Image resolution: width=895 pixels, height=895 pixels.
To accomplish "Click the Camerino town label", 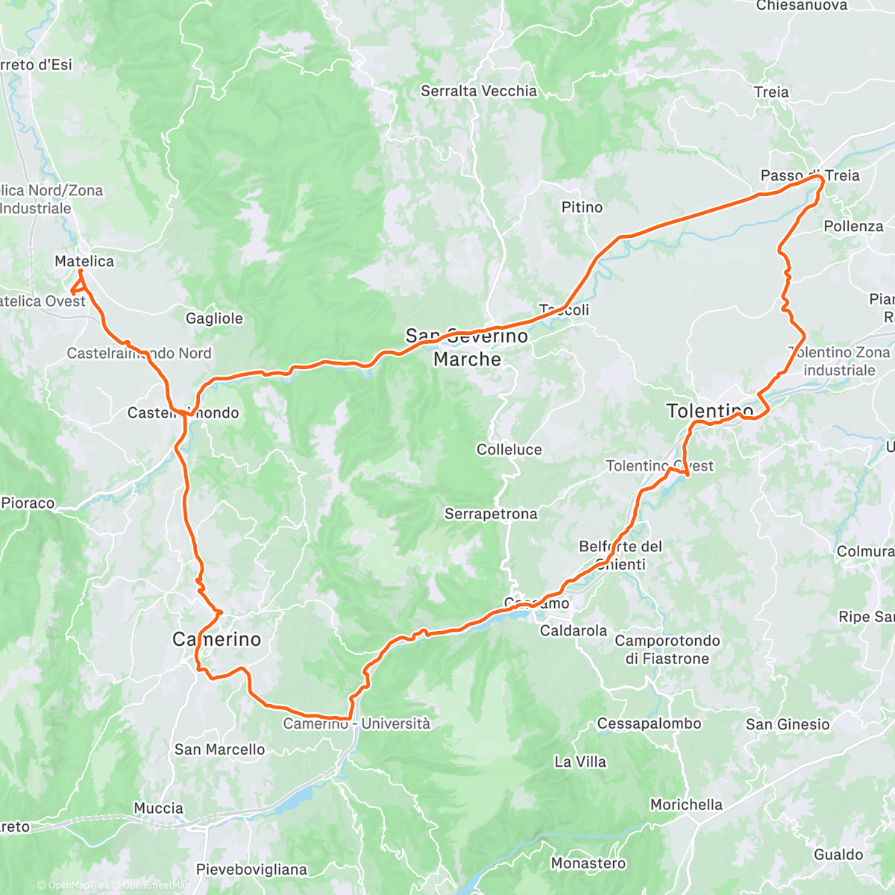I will click(216, 639).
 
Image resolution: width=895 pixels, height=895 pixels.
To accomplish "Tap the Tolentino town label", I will click(709, 411).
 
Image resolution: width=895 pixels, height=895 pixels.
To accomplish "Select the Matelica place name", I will click(84, 261).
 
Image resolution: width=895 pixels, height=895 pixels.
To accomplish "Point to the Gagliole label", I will click(214, 318).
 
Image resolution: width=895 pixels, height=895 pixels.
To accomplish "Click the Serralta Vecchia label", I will click(479, 91).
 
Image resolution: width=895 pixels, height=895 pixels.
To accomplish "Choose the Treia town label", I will click(771, 92).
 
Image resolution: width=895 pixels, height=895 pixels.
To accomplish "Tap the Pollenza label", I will click(853, 226).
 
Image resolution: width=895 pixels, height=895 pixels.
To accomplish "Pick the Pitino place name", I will click(582, 207).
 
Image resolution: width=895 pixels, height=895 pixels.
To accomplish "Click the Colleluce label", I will click(509, 450).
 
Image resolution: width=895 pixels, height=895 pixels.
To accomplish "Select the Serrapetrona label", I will click(491, 514).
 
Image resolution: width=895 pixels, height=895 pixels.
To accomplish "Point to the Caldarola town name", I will click(574, 631).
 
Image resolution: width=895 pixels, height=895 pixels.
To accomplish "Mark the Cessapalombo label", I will click(649, 723).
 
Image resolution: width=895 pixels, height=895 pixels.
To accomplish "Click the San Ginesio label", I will click(788, 724).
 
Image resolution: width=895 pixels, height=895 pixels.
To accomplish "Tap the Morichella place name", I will click(686, 805).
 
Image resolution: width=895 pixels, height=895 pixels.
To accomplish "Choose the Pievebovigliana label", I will click(251, 870).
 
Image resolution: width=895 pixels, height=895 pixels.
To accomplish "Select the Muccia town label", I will click(158, 808).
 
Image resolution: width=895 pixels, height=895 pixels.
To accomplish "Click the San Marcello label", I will click(219, 750).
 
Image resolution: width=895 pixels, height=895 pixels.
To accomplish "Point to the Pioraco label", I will click(28, 503).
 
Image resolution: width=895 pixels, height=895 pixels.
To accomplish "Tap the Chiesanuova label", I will click(802, 6).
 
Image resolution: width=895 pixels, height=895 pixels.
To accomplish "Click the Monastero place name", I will click(588, 864).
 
